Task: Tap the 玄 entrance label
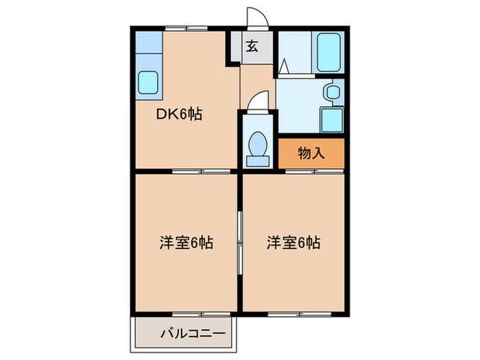click(252, 47)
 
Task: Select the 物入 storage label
click(311, 154)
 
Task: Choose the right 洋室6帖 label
click(293, 242)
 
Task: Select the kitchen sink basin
click(148, 84)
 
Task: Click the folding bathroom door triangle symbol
click(284, 68)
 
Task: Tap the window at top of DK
click(185, 29)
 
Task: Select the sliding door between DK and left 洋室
click(187, 170)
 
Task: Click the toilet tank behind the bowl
click(259, 160)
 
